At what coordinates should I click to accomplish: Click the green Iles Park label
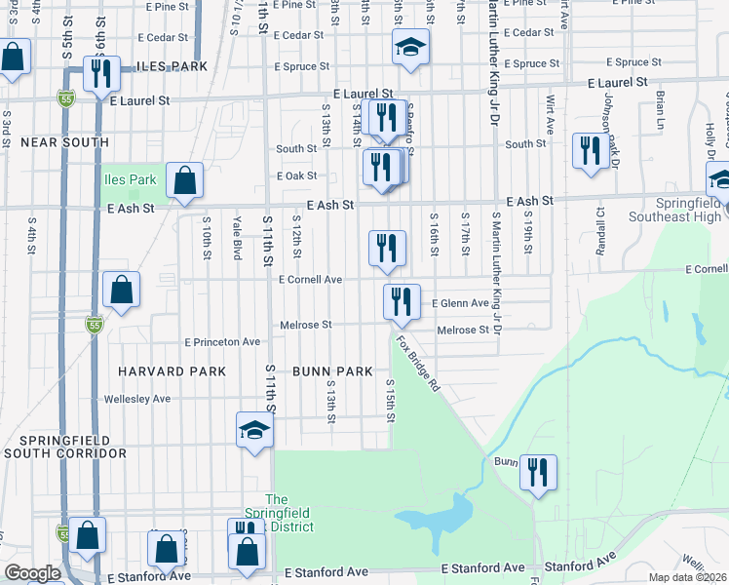pos(131,179)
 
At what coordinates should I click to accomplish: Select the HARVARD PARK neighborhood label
pos(173,371)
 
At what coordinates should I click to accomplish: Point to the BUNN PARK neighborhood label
pos(332,371)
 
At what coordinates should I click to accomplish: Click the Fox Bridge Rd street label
pos(419,365)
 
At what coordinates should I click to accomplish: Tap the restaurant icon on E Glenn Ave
pos(401,301)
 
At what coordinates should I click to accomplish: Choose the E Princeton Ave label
pos(223,342)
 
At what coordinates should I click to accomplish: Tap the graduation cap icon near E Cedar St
pos(411,46)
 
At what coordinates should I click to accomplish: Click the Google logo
pos(32,573)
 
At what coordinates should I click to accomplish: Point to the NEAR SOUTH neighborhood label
pos(64,142)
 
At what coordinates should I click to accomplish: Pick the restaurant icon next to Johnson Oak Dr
pos(590,150)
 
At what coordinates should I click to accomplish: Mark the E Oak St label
pos(297,176)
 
